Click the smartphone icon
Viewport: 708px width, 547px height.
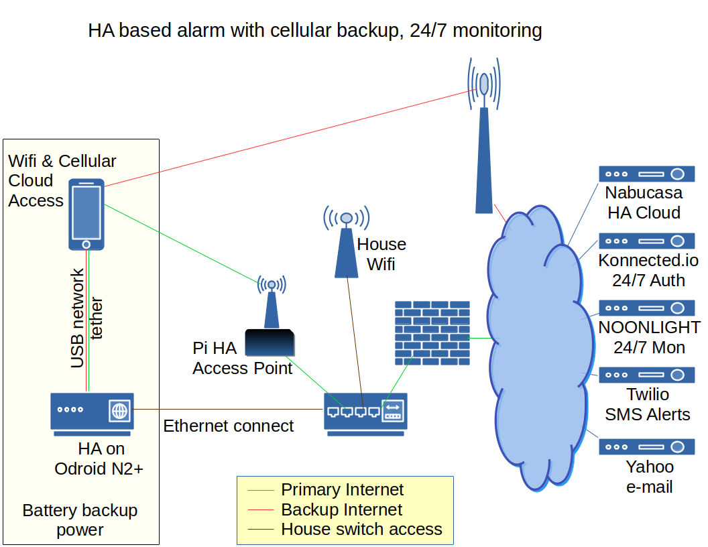[86, 214]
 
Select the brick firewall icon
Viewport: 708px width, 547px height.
[432, 332]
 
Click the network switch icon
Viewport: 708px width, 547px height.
[365, 412]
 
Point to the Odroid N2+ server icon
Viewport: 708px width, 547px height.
[92, 410]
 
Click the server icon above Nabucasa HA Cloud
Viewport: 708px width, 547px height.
[646, 174]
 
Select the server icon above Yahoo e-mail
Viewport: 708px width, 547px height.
[646, 446]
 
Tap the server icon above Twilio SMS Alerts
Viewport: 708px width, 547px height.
[646, 375]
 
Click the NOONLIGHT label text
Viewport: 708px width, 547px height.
[649, 327]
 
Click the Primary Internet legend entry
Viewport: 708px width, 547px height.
[342, 490]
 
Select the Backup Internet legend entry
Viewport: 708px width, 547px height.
[341, 509]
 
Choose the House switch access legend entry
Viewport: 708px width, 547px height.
[361, 529]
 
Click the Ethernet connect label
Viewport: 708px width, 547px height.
[228, 426]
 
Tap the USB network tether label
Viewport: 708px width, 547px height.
[86, 318]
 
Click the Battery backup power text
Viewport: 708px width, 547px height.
[80, 520]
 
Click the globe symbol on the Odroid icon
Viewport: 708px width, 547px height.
[119, 410]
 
